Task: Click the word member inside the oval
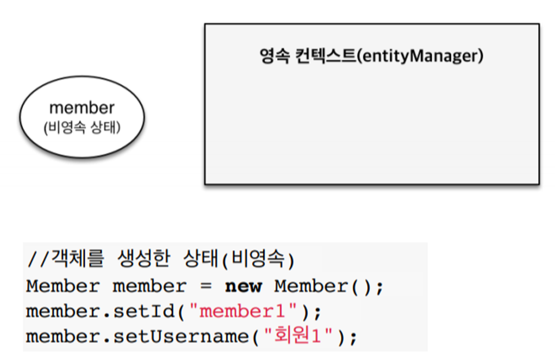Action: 82,107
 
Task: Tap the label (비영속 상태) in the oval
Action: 82,127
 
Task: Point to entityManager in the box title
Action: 420,57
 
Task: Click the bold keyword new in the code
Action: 243,286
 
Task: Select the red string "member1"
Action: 247,311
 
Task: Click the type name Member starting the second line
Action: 63,286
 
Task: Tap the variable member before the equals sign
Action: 150,286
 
